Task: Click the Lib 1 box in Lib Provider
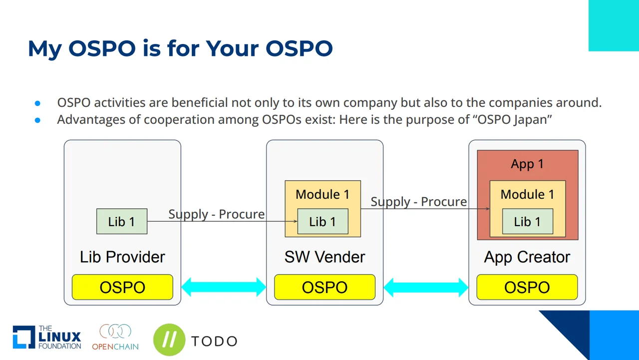tap(122, 221)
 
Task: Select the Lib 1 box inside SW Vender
tap(322, 222)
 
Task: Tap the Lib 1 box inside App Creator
tap(527, 222)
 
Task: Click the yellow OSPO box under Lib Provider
tap(122, 287)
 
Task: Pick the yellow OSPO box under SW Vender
tap(324, 287)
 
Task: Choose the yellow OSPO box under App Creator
tap(527, 287)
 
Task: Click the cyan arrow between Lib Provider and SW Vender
tap(224, 287)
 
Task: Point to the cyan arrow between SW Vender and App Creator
tap(426, 287)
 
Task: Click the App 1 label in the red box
tap(527, 164)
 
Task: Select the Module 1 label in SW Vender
tap(322, 194)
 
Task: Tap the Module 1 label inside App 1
tap(527, 194)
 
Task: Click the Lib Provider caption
tap(122, 257)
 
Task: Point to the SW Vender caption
tap(324, 257)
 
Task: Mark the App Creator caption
tap(527, 257)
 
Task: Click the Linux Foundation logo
tap(47, 337)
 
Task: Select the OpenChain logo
tap(115, 337)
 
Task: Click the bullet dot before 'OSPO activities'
tap(37, 103)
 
